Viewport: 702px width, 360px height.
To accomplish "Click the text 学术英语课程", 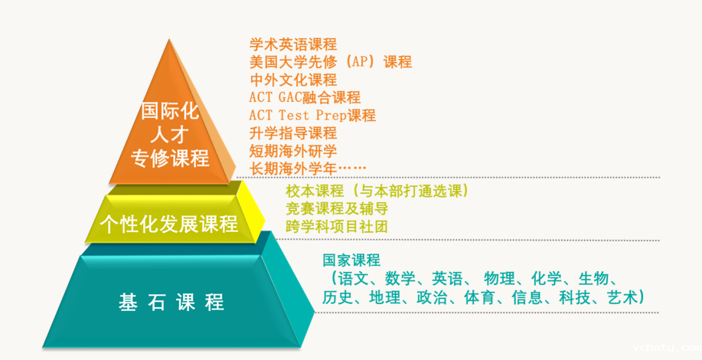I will point(293,44).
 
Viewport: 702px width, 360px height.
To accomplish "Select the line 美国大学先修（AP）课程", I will point(330,62).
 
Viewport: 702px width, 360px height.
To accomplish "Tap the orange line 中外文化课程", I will point(293,80).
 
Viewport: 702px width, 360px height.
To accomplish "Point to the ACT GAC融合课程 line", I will point(305,97).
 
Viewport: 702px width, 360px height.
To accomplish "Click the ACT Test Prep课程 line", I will point(312,115).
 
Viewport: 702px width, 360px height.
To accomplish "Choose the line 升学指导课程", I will point(293,133).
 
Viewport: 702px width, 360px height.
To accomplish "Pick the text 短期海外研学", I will point(293,150).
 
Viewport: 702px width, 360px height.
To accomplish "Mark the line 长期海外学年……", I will point(308,167).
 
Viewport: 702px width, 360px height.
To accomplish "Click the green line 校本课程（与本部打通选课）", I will point(376,190).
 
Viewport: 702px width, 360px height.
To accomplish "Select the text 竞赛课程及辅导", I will point(337,208).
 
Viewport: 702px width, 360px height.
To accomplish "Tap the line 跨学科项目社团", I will point(337,226).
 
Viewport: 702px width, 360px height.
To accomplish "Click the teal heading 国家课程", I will point(351,260).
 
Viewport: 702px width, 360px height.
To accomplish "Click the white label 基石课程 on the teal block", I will point(171,302).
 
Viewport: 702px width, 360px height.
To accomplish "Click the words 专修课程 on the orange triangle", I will point(170,159).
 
